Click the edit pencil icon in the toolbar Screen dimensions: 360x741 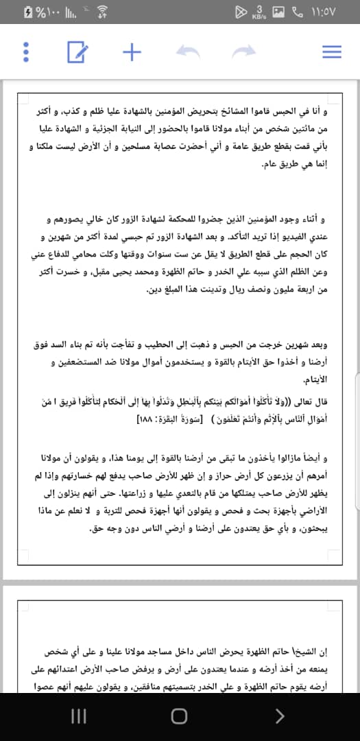pos(77,51)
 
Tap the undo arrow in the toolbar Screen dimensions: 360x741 pos(188,51)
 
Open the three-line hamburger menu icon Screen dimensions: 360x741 pos(332,51)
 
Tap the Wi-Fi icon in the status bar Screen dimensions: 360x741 pos(103,12)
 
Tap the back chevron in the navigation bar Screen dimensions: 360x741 pos(278,716)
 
